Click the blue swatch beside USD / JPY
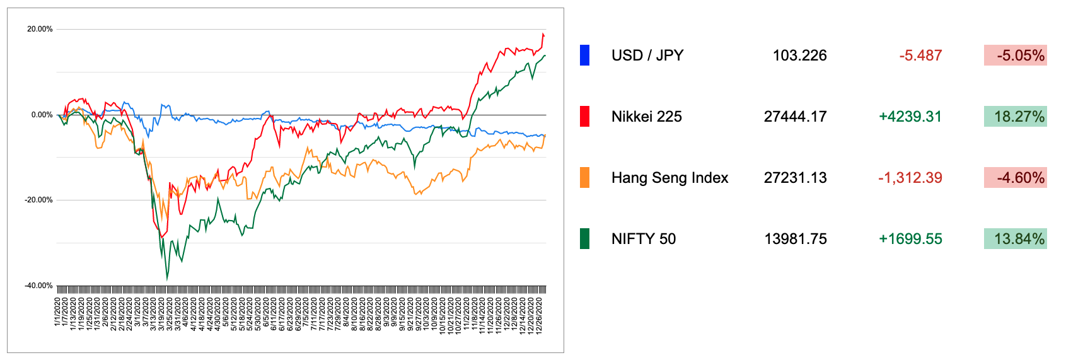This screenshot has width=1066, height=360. (x=584, y=55)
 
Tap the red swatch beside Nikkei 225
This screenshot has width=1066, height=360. (x=584, y=117)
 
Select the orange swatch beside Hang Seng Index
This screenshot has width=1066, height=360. (x=584, y=178)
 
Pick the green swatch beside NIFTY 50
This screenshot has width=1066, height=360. (x=584, y=239)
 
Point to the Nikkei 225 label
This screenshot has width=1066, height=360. (x=646, y=117)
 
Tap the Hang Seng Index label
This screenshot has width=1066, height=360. (x=669, y=178)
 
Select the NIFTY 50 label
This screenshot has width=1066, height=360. (x=643, y=239)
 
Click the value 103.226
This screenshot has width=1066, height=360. (x=799, y=55)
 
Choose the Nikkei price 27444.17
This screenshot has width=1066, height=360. (x=795, y=117)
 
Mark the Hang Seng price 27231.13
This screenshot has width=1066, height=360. (x=795, y=178)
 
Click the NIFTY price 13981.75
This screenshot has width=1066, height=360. (x=795, y=239)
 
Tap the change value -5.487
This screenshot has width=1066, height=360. (x=920, y=55)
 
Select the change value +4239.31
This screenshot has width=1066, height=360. (x=910, y=117)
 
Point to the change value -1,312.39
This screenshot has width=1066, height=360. (x=910, y=178)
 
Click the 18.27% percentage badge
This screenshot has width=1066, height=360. (x=1015, y=117)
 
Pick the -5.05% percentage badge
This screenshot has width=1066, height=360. (x=1015, y=55)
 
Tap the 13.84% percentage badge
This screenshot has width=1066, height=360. (x=1015, y=239)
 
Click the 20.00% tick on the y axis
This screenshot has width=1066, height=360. (x=40, y=29)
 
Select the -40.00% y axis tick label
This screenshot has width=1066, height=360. (x=38, y=286)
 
